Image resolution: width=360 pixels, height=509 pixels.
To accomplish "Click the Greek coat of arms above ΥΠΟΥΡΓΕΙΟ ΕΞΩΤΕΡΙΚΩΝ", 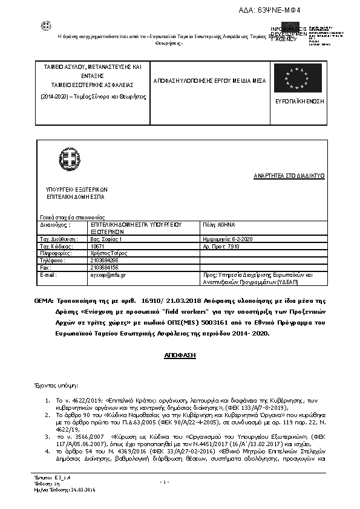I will pos(72,160).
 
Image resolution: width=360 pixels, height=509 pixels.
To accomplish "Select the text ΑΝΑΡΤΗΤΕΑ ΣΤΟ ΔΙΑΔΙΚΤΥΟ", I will pos(289,176).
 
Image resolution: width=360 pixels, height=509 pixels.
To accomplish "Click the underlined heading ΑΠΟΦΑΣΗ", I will pos(180,357).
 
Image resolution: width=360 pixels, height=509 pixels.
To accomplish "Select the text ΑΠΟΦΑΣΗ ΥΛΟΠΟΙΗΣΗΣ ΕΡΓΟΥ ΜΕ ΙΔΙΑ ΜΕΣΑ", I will pos(203,79).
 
